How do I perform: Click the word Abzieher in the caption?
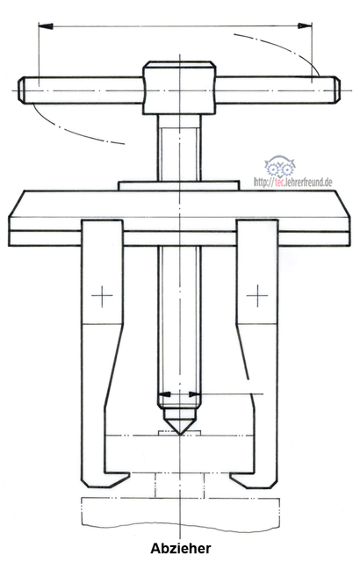pyautogui.click(x=181, y=548)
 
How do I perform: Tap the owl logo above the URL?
pyautogui.click(x=280, y=166)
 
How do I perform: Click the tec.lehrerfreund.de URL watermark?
pyautogui.click(x=293, y=182)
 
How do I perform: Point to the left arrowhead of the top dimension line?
pyautogui.click(x=46, y=26)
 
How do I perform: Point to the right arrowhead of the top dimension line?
pyautogui.click(x=305, y=25)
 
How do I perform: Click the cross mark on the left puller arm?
pyautogui.click(x=102, y=296)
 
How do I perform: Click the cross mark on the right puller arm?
pyautogui.click(x=257, y=296)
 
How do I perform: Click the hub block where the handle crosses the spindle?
pyautogui.click(x=179, y=88)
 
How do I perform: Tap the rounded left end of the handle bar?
pyautogui.click(x=22, y=90)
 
